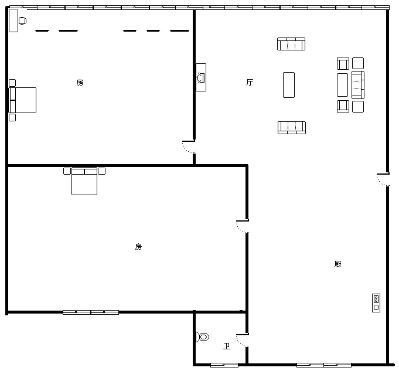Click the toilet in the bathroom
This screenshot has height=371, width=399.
click(203, 337)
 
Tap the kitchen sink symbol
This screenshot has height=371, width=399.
click(376, 303)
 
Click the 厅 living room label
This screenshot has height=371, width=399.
click(250, 82)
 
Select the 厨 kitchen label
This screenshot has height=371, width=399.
click(337, 264)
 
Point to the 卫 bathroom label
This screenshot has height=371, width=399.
click(226, 346)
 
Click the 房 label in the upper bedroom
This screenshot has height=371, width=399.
click(80, 83)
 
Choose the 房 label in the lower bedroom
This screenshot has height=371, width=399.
click(138, 247)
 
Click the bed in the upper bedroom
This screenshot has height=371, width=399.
click(22, 100)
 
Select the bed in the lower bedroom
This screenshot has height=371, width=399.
click(84, 181)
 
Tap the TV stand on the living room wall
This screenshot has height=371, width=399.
click(201, 77)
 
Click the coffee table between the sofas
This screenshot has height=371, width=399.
click(289, 85)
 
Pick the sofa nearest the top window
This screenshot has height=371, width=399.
click(291, 44)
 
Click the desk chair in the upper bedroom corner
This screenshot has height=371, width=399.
click(23, 21)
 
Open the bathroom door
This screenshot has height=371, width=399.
click(243, 340)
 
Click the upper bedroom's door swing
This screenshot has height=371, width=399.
click(189, 147)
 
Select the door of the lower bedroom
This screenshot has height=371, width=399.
click(243, 227)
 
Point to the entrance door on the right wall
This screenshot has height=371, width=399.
click(383, 180)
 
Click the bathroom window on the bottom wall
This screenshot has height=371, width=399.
click(224, 365)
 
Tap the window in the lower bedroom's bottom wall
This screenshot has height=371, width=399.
click(91, 312)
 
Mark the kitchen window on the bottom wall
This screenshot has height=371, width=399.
click(324, 365)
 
